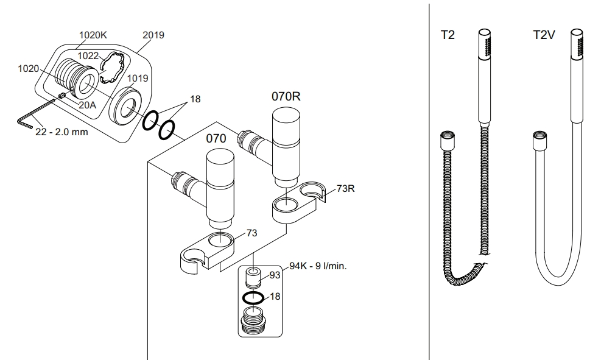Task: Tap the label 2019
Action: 153,35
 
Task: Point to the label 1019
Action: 138,78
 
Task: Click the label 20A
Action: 88,105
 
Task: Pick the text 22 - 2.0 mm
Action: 61,132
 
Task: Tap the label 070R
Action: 286,96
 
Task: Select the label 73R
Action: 345,188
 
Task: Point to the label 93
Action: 275,275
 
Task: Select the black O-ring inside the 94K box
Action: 252,298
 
